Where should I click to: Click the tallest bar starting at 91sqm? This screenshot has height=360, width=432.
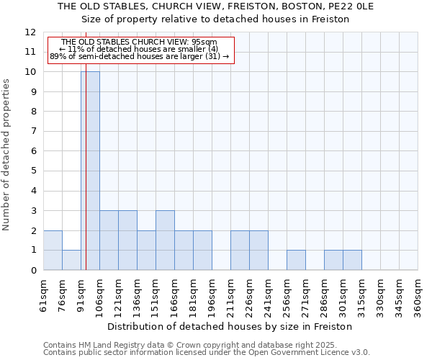click(90, 171)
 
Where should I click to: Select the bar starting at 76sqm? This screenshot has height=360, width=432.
click(71, 260)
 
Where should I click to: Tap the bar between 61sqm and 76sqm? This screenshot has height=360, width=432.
click(53, 251)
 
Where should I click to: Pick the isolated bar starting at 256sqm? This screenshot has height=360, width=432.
click(296, 260)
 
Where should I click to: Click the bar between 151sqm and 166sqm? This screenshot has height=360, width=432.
click(165, 240)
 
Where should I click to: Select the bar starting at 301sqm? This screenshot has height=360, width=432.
click(352, 260)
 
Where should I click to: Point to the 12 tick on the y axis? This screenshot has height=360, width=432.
click(30, 32)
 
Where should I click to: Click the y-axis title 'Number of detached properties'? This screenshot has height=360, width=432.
click(6, 155)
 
